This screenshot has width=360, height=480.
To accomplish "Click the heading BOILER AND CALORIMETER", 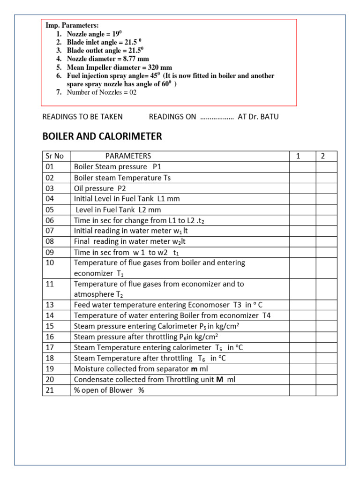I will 102,136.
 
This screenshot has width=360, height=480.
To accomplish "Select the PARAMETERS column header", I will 128,156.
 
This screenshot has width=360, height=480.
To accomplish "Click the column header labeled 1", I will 298,156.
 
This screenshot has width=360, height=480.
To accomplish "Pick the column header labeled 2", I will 322,156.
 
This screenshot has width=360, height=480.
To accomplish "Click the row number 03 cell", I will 51,188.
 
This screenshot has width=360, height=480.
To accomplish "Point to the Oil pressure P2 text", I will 100,188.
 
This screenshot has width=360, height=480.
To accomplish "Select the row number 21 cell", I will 51,390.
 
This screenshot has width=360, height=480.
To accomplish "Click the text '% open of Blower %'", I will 109,390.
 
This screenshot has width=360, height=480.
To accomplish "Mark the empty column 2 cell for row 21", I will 326,390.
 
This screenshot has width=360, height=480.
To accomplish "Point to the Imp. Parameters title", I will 72,25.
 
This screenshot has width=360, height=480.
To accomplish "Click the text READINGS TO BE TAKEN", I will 82,117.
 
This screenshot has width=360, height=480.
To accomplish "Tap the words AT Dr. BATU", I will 258,117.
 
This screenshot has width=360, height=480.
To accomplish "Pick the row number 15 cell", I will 51,326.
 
